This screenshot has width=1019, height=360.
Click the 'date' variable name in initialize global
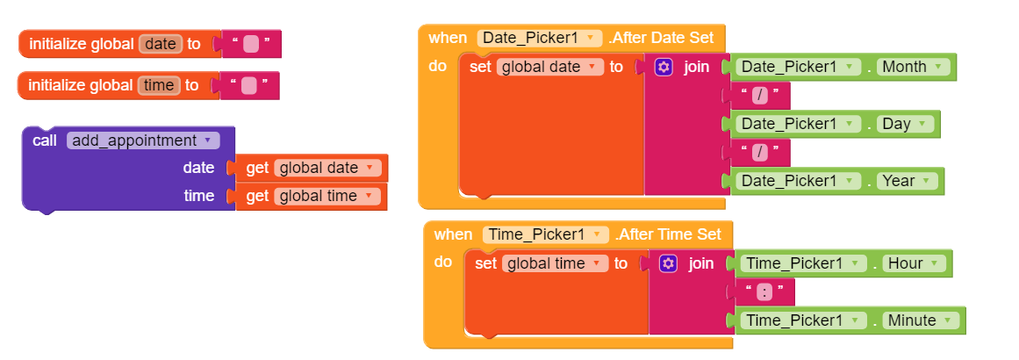(x=161, y=44)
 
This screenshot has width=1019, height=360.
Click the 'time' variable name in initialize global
(x=159, y=85)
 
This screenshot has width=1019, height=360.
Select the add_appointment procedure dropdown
(x=143, y=140)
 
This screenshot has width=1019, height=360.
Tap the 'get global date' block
(x=312, y=169)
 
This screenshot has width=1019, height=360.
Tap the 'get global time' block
(x=311, y=197)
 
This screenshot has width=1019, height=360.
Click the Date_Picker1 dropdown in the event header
(x=540, y=38)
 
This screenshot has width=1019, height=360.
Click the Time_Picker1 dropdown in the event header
(x=545, y=234)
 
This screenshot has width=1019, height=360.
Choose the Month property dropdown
(x=913, y=66)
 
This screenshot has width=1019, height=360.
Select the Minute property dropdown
(x=920, y=320)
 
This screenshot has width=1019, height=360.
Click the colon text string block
(x=764, y=292)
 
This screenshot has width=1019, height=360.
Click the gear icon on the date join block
(x=664, y=66)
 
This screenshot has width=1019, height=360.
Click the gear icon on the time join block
(x=668, y=263)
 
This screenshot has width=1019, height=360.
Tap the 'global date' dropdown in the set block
(x=549, y=66)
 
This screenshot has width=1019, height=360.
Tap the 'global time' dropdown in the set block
(x=555, y=263)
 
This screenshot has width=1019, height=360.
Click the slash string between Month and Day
(x=760, y=95)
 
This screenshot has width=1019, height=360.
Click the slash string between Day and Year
(x=760, y=152)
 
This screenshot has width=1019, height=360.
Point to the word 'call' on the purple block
(x=45, y=140)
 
